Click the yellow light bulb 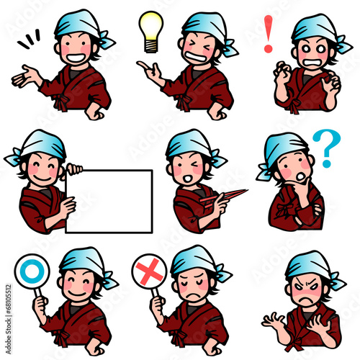tap(150, 30)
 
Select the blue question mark tap(328, 147)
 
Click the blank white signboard tap(109, 201)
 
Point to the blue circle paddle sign tap(32, 271)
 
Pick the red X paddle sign tap(149, 271)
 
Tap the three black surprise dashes tap(30, 39)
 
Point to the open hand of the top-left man tap(24, 76)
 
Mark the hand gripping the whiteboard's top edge tap(72, 170)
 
